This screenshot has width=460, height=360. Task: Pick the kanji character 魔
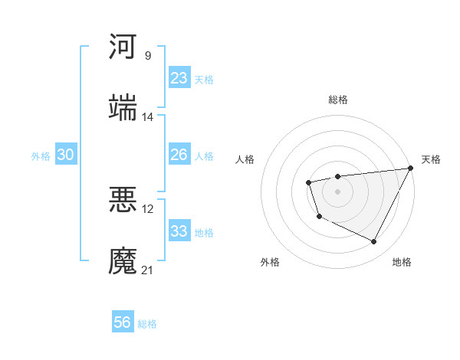pyautogui.click(x=123, y=260)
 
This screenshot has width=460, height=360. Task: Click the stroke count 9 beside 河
pyautogui.click(x=148, y=55)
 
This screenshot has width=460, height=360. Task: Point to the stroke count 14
pyautogui.click(x=148, y=117)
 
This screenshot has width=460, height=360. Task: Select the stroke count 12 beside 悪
pyautogui.click(x=148, y=208)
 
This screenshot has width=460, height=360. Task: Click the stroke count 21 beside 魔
pyautogui.click(x=148, y=270)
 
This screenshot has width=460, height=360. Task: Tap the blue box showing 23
pyautogui.click(x=179, y=78)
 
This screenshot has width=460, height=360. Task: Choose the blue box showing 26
pyautogui.click(x=179, y=155)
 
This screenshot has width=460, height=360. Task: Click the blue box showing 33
pyautogui.click(x=179, y=231)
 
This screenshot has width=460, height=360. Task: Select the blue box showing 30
pyautogui.click(x=65, y=155)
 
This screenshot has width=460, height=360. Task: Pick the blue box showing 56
pyautogui.click(x=123, y=322)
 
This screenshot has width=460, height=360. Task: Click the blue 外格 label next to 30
pyautogui.click(x=41, y=156)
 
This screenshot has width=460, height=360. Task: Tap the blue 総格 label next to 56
pyautogui.click(x=147, y=324)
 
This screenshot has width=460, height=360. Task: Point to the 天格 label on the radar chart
pyautogui.click(x=431, y=159)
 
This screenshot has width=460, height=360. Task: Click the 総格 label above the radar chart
pyautogui.click(x=338, y=100)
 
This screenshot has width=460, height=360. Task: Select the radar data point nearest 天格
pyautogui.click(x=410, y=168)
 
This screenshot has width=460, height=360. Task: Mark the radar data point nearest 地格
pyautogui.click(x=374, y=242)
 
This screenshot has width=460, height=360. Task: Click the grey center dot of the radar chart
pyautogui.click(x=337, y=191)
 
